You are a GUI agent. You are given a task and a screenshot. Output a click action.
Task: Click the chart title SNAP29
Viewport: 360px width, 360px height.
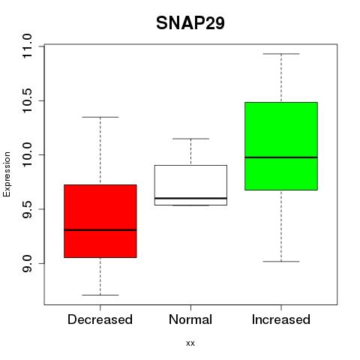[x=190, y=23]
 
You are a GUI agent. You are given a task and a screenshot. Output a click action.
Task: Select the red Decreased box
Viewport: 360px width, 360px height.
[x=100, y=221]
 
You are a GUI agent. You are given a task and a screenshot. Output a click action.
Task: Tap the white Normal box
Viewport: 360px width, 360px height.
[x=190, y=185]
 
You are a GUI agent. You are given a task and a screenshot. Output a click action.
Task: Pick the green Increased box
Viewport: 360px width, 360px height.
[x=281, y=146]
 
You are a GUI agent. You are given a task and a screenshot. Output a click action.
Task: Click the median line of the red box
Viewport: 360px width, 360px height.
[x=100, y=230]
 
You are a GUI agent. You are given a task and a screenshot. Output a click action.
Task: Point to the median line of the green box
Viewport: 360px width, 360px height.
[x=281, y=157]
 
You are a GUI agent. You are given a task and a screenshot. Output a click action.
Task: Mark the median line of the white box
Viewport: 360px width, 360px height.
[x=190, y=198]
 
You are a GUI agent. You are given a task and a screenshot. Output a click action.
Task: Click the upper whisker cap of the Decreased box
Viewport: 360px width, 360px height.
[x=100, y=117]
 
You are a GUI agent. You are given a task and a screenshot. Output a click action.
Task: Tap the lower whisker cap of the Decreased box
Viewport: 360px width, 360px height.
[x=100, y=295]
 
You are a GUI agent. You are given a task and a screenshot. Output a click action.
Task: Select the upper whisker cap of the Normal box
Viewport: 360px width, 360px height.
[x=190, y=139]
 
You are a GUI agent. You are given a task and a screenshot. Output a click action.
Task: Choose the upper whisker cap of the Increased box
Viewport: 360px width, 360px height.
[x=281, y=54]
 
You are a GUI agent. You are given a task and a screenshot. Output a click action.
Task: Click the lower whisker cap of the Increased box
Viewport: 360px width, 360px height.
[x=281, y=262]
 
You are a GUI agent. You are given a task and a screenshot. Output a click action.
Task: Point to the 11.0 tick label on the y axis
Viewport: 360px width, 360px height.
[x=26, y=46]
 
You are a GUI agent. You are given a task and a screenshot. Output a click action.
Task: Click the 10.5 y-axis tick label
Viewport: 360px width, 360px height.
[x=26, y=100]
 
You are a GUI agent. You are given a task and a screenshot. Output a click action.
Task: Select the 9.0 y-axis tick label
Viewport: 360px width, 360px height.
[x=26, y=263]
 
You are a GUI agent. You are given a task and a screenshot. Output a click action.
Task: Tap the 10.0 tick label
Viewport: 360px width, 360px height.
[x=26, y=154]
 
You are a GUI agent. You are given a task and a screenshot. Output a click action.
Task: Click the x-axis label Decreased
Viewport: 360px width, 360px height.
[x=100, y=319]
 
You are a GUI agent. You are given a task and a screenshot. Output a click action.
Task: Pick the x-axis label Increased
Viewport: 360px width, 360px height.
[x=281, y=319]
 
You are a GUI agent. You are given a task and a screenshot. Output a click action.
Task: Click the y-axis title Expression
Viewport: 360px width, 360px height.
[x=7, y=174]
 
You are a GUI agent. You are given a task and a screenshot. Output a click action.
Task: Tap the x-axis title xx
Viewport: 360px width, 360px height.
[x=190, y=343]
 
